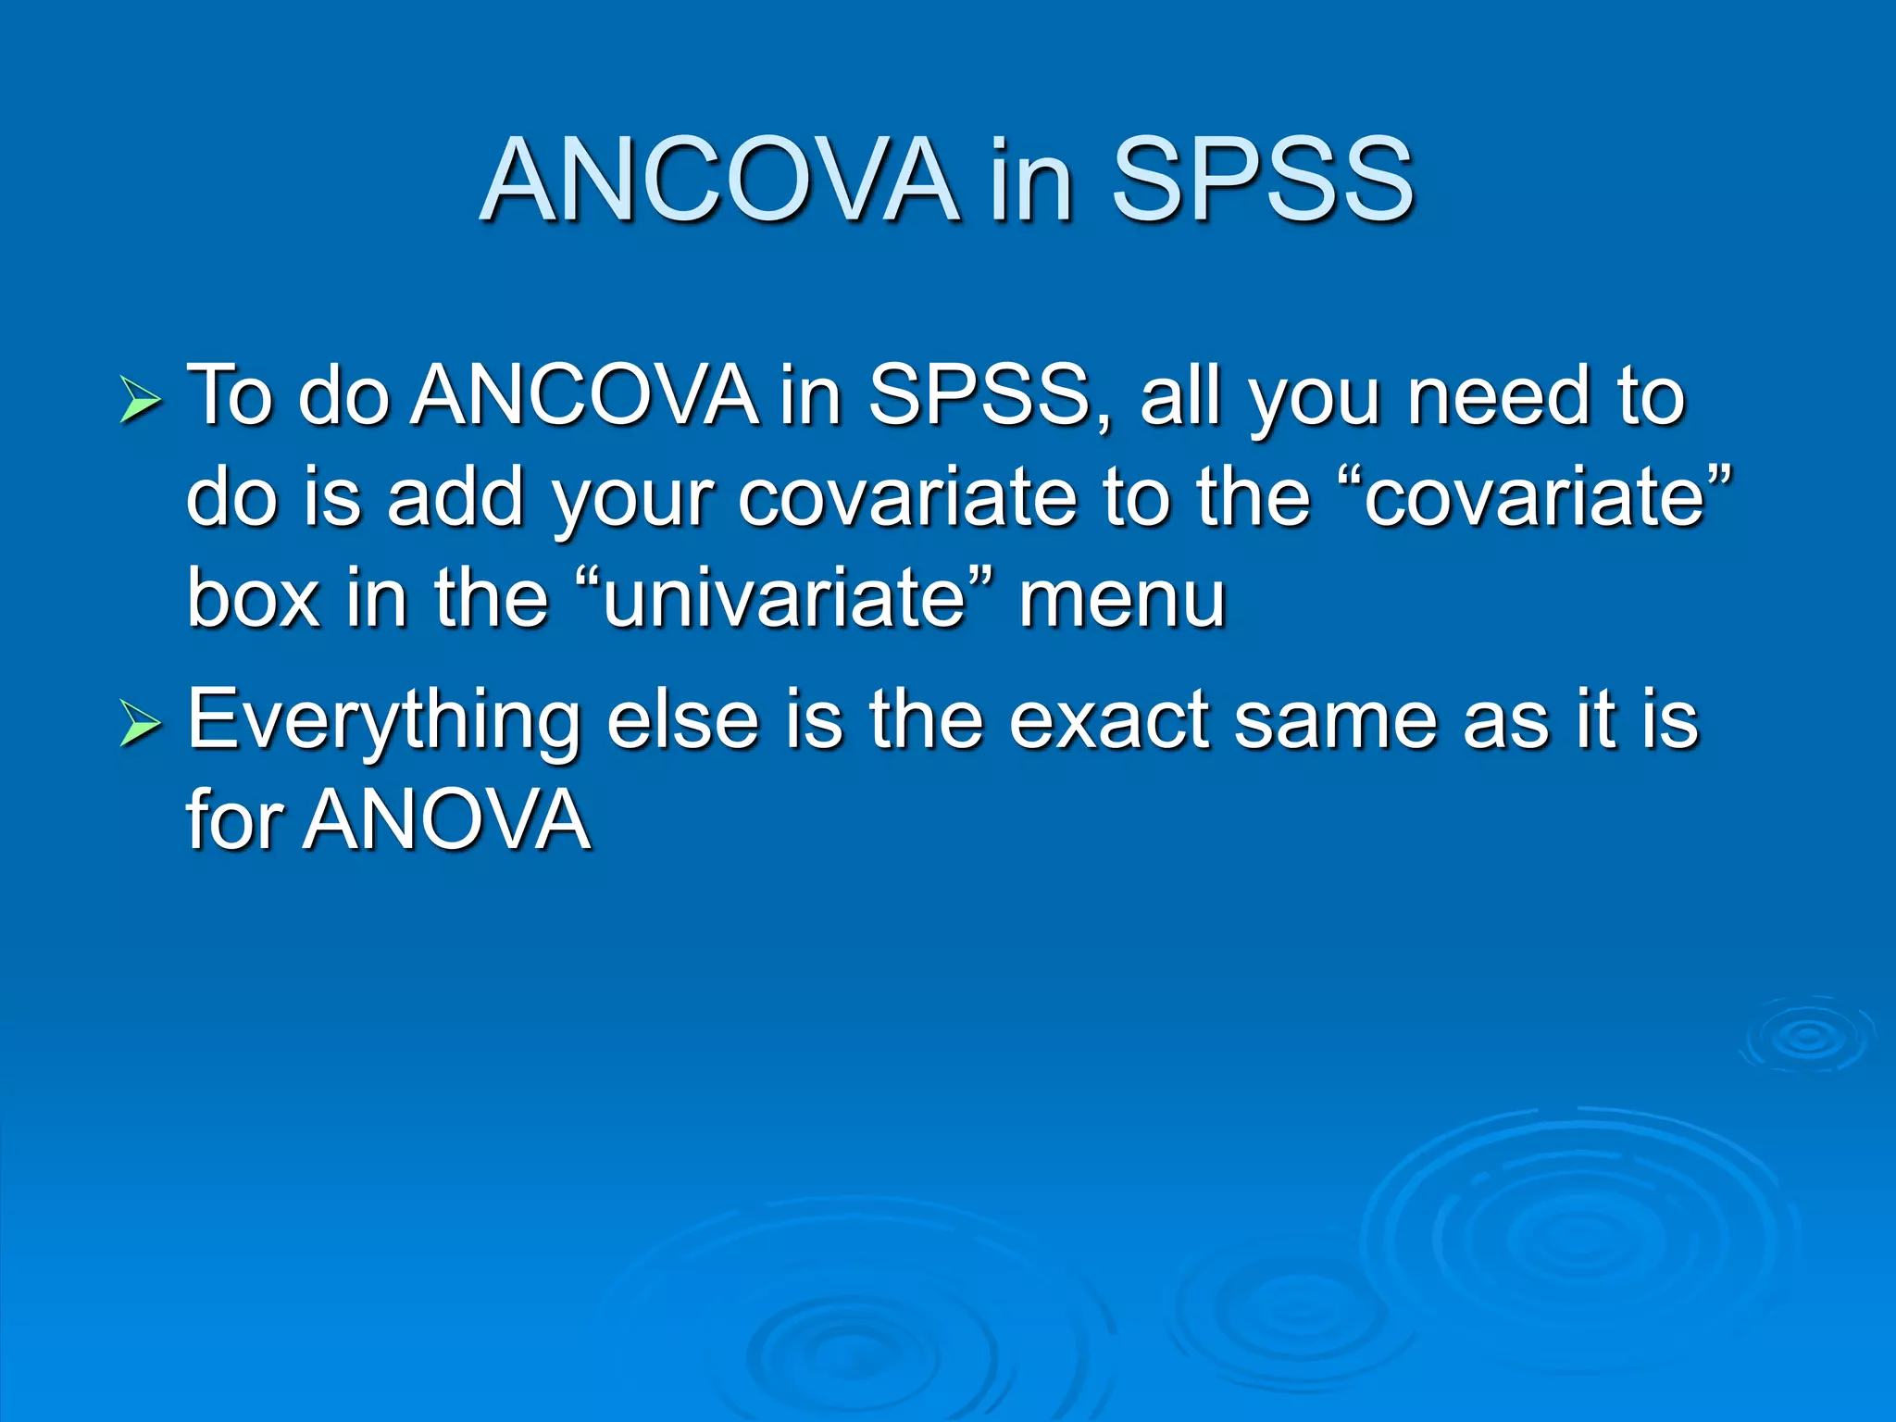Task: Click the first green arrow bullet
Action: click(141, 402)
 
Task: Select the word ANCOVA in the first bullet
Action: click(584, 396)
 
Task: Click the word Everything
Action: click(383, 722)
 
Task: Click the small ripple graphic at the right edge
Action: click(1806, 1036)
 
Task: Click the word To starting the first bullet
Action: click(231, 396)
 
